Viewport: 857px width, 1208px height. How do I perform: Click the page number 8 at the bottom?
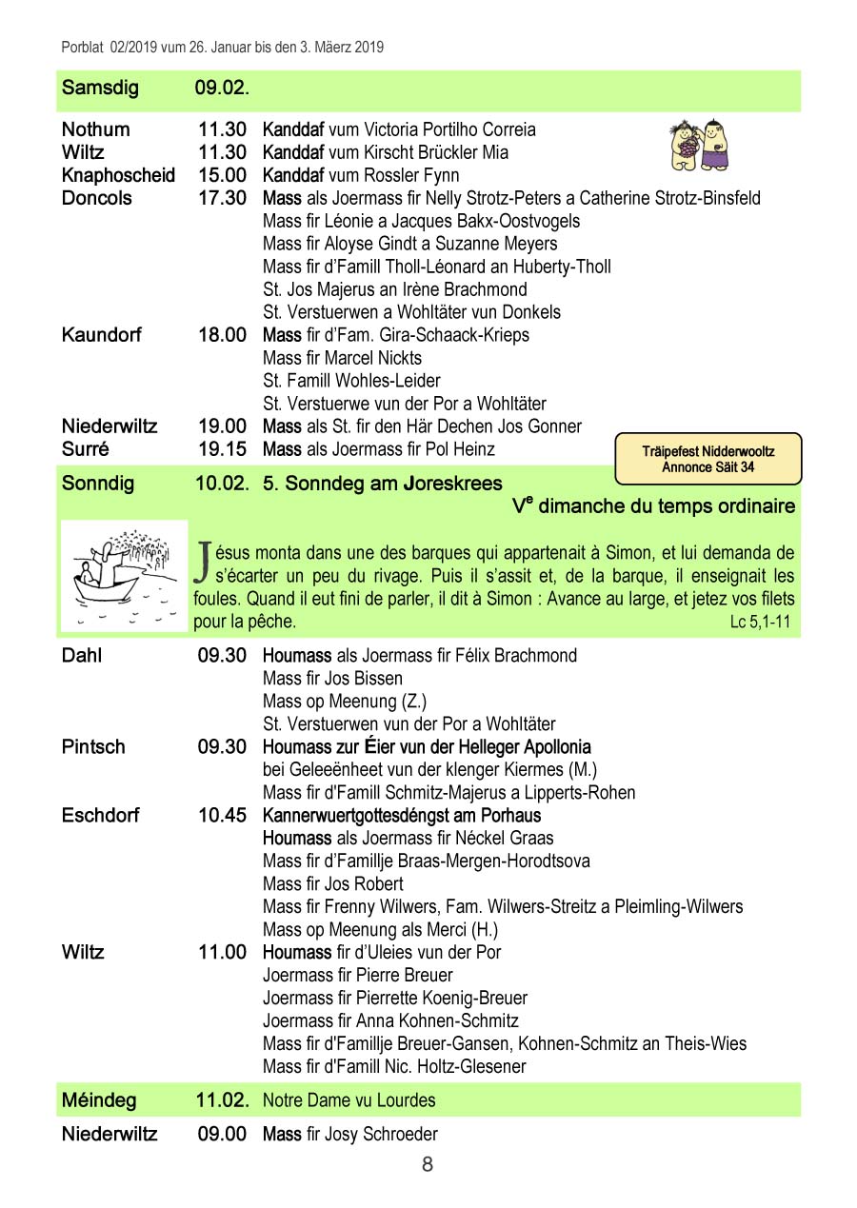[x=428, y=1164]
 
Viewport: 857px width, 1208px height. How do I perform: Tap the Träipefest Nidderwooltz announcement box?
[x=708, y=459]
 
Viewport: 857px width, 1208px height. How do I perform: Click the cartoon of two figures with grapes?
[x=700, y=146]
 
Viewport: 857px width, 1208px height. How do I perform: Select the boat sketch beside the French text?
[x=124, y=576]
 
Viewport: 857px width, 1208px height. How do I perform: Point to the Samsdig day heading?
[x=100, y=89]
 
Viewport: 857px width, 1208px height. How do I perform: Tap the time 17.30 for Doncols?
[x=222, y=198]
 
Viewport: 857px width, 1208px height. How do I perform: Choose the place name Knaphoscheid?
[x=118, y=175]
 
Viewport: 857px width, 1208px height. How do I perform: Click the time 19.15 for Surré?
[x=222, y=449]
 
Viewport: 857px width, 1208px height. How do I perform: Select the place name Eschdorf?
[x=100, y=815]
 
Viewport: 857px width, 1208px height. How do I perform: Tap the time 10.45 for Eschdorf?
[x=222, y=815]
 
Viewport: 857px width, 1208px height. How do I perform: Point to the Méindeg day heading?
[x=99, y=1100]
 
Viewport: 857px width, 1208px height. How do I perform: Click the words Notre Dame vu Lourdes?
[x=349, y=1100]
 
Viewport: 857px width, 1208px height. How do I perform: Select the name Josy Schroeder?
[x=381, y=1135]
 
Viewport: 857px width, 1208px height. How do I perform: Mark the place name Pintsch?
[x=93, y=746]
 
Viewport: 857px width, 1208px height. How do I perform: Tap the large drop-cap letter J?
[x=202, y=561]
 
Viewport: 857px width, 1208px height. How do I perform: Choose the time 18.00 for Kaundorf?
[x=222, y=335]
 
